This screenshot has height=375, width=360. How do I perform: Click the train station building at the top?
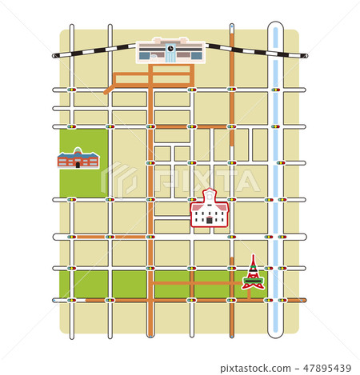click(x=170, y=50)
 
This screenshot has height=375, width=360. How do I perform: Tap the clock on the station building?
click(x=170, y=48)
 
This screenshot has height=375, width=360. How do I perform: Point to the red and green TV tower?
click(x=253, y=273)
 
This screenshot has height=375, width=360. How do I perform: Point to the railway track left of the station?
click(x=92, y=51)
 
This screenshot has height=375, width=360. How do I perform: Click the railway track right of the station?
click(x=256, y=50)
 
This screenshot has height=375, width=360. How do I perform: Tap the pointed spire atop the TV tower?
click(x=253, y=258)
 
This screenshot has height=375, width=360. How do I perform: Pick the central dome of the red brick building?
click(x=78, y=150)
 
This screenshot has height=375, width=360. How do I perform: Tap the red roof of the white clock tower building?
click(x=210, y=203)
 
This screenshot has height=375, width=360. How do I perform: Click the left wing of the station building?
click(x=149, y=54)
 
